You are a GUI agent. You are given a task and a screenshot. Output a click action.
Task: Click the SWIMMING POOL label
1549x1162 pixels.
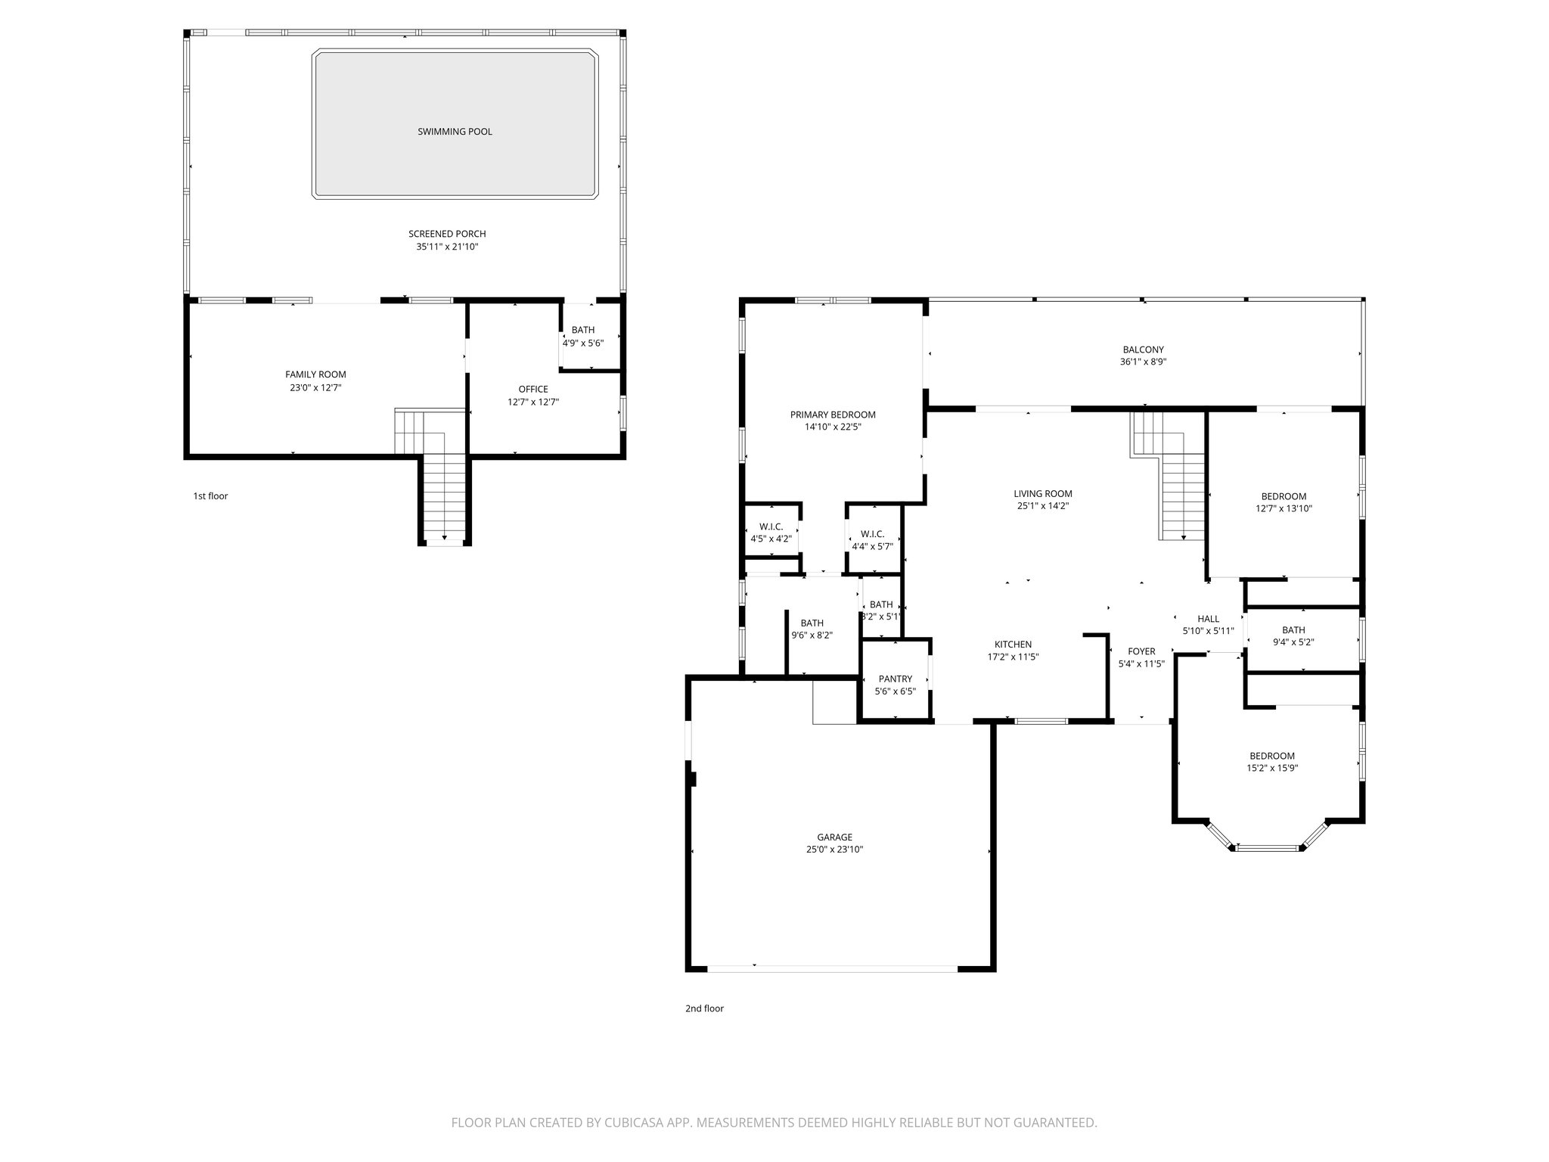click(x=455, y=132)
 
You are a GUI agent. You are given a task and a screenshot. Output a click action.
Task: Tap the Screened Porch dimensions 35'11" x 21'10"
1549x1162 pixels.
click(x=447, y=247)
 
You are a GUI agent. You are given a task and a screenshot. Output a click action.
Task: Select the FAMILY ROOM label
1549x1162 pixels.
click(x=315, y=374)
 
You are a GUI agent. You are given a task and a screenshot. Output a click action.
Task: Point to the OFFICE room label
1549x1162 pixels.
click(x=533, y=390)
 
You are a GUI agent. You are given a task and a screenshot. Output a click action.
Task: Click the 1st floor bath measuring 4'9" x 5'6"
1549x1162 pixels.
click(x=582, y=337)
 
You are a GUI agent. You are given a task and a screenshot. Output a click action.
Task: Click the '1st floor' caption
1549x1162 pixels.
click(x=210, y=496)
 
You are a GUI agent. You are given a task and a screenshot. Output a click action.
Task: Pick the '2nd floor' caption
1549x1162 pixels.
click(x=704, y=1008)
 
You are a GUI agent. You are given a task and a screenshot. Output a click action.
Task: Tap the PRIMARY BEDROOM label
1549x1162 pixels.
click(x=833, y=415)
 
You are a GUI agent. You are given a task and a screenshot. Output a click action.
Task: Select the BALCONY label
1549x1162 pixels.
click(x=1143, y=350)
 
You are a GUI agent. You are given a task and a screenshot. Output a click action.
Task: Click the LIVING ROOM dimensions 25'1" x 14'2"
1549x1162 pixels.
click(x=1042, y=506)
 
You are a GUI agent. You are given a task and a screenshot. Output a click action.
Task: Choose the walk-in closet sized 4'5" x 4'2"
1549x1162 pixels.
click(x=771, y=533)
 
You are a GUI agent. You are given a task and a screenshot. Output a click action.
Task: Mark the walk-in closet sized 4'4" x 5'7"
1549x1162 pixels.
click(x=872, y=540)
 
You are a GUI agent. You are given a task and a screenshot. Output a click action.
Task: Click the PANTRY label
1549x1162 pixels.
click(x=895, y=679)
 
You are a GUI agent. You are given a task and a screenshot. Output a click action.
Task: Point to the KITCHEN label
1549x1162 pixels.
click(x=1013, y=645)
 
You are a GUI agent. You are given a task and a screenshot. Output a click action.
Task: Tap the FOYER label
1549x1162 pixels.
click(x=1141, y=651)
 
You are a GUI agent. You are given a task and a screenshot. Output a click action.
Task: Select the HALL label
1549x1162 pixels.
click(x=1208, y=619)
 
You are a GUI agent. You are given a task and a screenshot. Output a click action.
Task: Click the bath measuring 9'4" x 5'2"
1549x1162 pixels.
click(x=1293, y=636)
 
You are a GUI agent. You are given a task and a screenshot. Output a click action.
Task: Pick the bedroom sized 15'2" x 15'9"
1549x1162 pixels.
click(x=1271, y=761)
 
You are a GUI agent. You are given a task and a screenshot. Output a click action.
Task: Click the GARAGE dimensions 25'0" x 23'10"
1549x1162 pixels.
click(x=834, y=850)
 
